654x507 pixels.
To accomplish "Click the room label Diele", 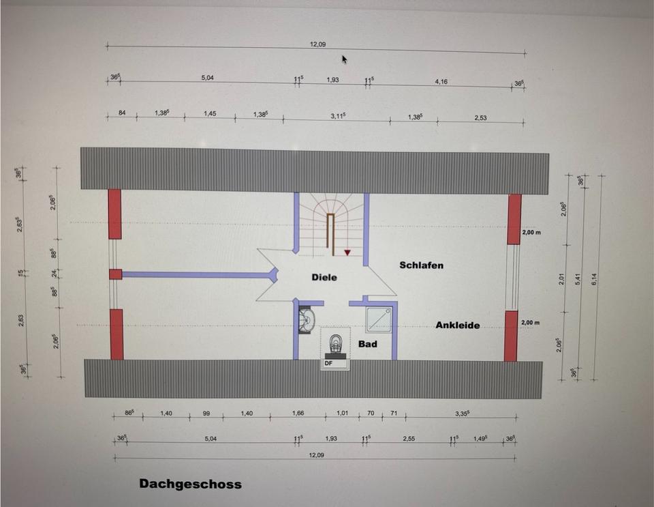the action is (324, 278).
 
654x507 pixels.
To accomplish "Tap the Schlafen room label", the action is (421, 265).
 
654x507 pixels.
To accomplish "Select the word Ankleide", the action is (457, 325).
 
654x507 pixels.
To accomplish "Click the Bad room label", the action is (368, 344).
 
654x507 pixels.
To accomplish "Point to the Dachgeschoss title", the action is (190, 484).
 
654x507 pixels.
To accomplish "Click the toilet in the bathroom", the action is (334, 345).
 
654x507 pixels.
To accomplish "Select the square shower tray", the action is (380, 319).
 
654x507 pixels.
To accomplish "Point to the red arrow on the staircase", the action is (348, 253).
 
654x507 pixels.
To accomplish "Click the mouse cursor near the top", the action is (345, 59).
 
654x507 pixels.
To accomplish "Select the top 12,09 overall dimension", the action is (317, 44).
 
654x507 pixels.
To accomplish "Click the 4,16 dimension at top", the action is (441, 81).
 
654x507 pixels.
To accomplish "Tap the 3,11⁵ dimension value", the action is (339, 116).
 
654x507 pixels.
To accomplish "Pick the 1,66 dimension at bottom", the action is (298, 413).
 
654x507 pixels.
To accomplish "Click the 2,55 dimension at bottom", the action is (409, 439).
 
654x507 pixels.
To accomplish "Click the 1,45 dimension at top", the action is (210, 113).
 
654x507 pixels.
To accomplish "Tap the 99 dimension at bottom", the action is (205, 413).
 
